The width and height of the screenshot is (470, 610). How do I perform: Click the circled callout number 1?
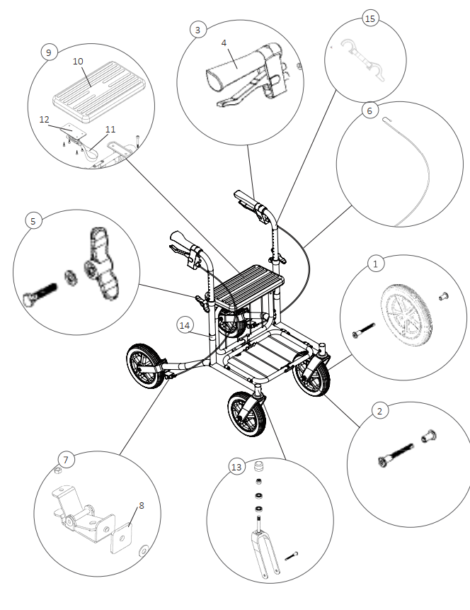click(376, 263)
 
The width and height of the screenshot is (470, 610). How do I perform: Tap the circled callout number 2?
click(379, 411)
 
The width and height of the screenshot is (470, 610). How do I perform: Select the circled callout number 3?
click(197, 29)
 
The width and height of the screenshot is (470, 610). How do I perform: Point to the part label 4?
click(224, 43)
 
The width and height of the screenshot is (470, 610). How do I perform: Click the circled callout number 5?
click(32, 220)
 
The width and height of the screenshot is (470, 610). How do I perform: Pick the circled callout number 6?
click(368, 111)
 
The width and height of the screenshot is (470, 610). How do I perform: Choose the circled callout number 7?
click(65, 460)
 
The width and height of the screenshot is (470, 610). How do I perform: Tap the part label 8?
click(142, 505)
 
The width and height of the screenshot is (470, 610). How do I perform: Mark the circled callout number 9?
click(47, 52)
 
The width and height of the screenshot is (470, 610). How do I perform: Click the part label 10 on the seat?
click(78, 62)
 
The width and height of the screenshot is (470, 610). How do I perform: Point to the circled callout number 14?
click(185, 325)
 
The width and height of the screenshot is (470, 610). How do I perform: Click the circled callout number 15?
click(369, 18)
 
